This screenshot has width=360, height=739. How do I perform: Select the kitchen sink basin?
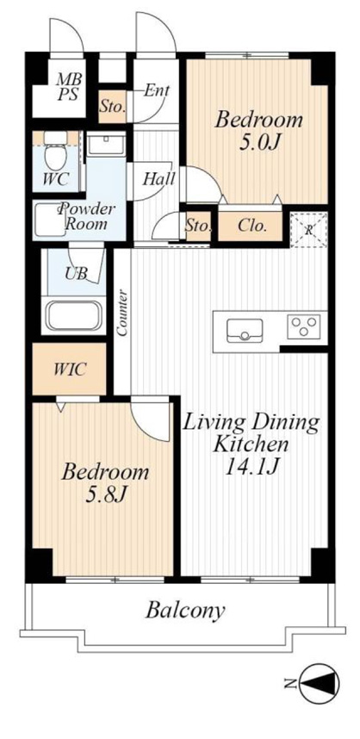(x=245, y=331)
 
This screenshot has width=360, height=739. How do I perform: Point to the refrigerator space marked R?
(x=308, y=231)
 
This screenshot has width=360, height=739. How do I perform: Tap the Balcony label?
(x=184, y=611)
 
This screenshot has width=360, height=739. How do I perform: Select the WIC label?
(x=70, y=369)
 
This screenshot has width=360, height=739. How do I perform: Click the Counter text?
(x=122, y=313)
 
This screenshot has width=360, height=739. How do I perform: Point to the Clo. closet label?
(x=252, y=226)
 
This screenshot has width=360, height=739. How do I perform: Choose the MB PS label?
(x=69, y=86)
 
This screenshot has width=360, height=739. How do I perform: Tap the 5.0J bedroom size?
(x=258, y=142)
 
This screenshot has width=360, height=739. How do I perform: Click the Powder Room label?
(x=86, y=216)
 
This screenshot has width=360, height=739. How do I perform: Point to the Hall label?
(x=158, y=179)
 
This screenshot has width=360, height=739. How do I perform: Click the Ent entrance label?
(x=157, y=90)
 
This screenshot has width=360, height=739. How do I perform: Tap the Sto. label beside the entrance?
(x=113, y=106)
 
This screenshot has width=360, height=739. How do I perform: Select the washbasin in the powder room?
(x=107, y=144)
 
